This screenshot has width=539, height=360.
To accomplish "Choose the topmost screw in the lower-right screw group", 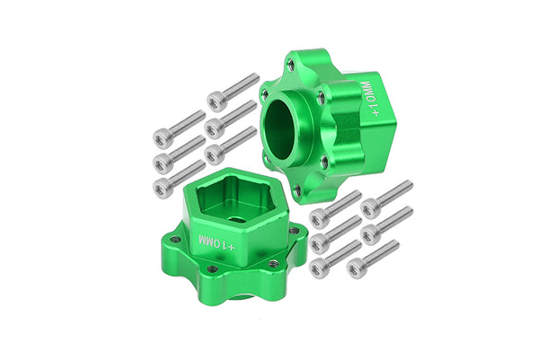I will (x=369, y=206).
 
